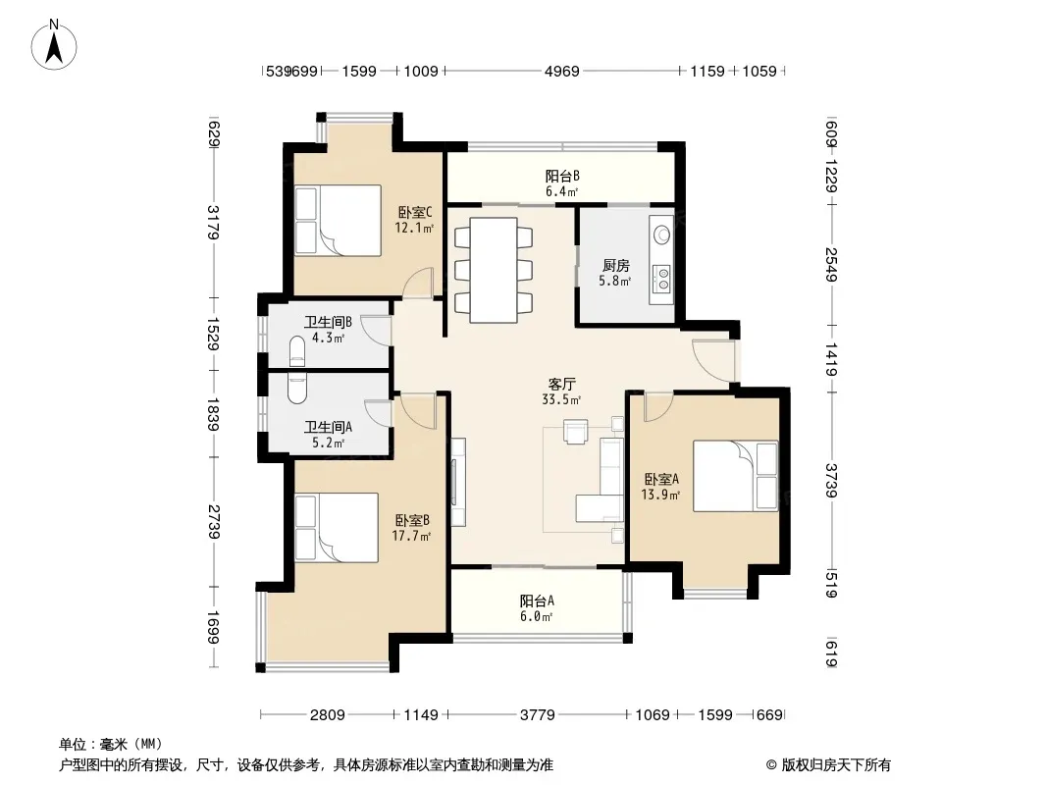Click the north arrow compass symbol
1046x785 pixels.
click(x=54, y=45)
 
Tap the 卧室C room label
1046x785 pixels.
click(x=415, y=213)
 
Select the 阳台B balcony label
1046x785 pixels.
click(x=562, y=176)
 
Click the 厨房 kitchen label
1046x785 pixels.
click(x=615, y=266)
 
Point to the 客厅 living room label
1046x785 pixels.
click(x=561, y=385)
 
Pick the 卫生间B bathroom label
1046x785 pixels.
click(x=328, y=322)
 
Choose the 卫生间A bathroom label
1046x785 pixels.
click(x=328, y=427)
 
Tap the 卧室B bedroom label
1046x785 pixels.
click(x=411, y=520)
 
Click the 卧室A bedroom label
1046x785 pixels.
click(x=661, y=479)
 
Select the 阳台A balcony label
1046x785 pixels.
click(x=537, y=601)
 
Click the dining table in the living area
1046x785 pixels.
click(x=493, y=270)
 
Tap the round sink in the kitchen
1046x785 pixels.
click(x=662, y=235)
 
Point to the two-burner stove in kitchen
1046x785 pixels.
click(x=663, y=279)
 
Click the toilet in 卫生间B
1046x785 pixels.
click(x=297, y=351)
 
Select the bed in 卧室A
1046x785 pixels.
click(x=735, y=476)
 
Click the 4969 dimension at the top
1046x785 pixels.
click(x=561, y=71)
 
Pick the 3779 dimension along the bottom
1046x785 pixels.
click(x=537, y=715)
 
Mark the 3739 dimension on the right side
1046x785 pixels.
click(x=831, y=480)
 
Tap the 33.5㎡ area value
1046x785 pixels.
click(x=561, y=400)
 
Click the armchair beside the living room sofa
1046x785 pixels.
click(x=576, y=431)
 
